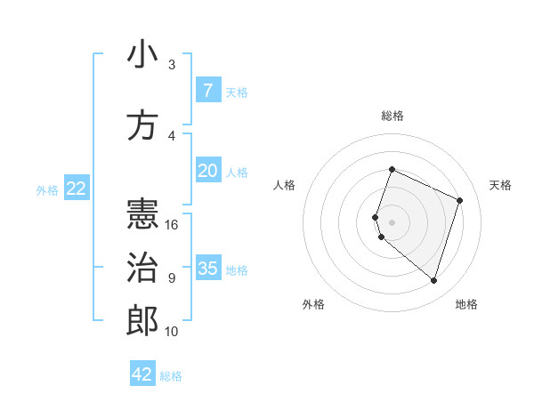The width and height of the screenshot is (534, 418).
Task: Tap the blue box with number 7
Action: click(207, 91)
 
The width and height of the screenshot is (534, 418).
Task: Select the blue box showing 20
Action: click(207, 171)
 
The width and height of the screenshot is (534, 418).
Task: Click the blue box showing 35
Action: click(207, 269)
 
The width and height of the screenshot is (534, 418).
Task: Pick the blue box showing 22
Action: click(77, 189)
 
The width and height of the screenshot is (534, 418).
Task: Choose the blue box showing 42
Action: click(142, 374)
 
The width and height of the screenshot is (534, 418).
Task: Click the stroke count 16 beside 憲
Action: click(173, 225)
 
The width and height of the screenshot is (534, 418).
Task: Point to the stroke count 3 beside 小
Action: click(172, 65)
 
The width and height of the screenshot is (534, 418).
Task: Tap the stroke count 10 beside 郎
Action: click(173, 332)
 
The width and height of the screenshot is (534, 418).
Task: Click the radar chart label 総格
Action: click(392, 116)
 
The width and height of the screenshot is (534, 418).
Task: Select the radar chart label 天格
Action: click(500, 185)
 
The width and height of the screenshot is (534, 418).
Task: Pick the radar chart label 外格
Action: click(313, 304)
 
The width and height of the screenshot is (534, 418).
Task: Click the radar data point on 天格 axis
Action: click(460, 200)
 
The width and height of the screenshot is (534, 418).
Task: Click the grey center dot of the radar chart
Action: click(392, 222)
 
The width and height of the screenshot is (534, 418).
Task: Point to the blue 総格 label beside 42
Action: click(172, 376)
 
